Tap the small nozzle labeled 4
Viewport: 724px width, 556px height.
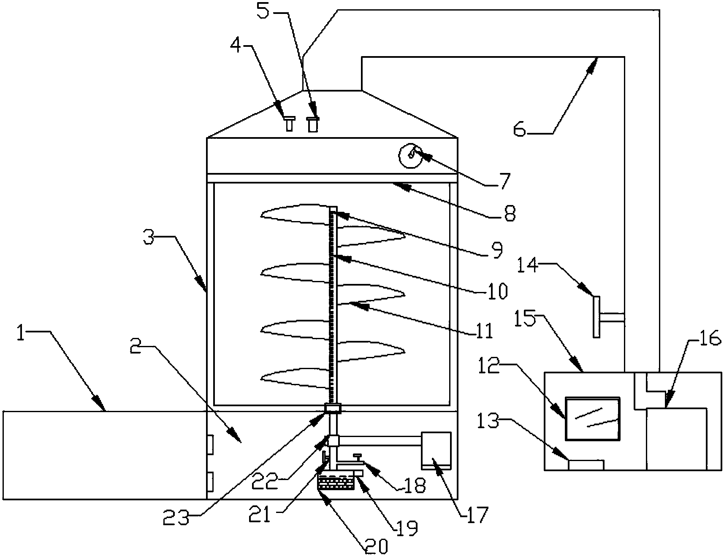tap(289, 124)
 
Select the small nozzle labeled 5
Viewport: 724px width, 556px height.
tap(312, 124)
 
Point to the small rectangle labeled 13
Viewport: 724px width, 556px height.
tap(586, 465)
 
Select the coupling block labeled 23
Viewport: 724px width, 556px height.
tap(332, 408)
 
